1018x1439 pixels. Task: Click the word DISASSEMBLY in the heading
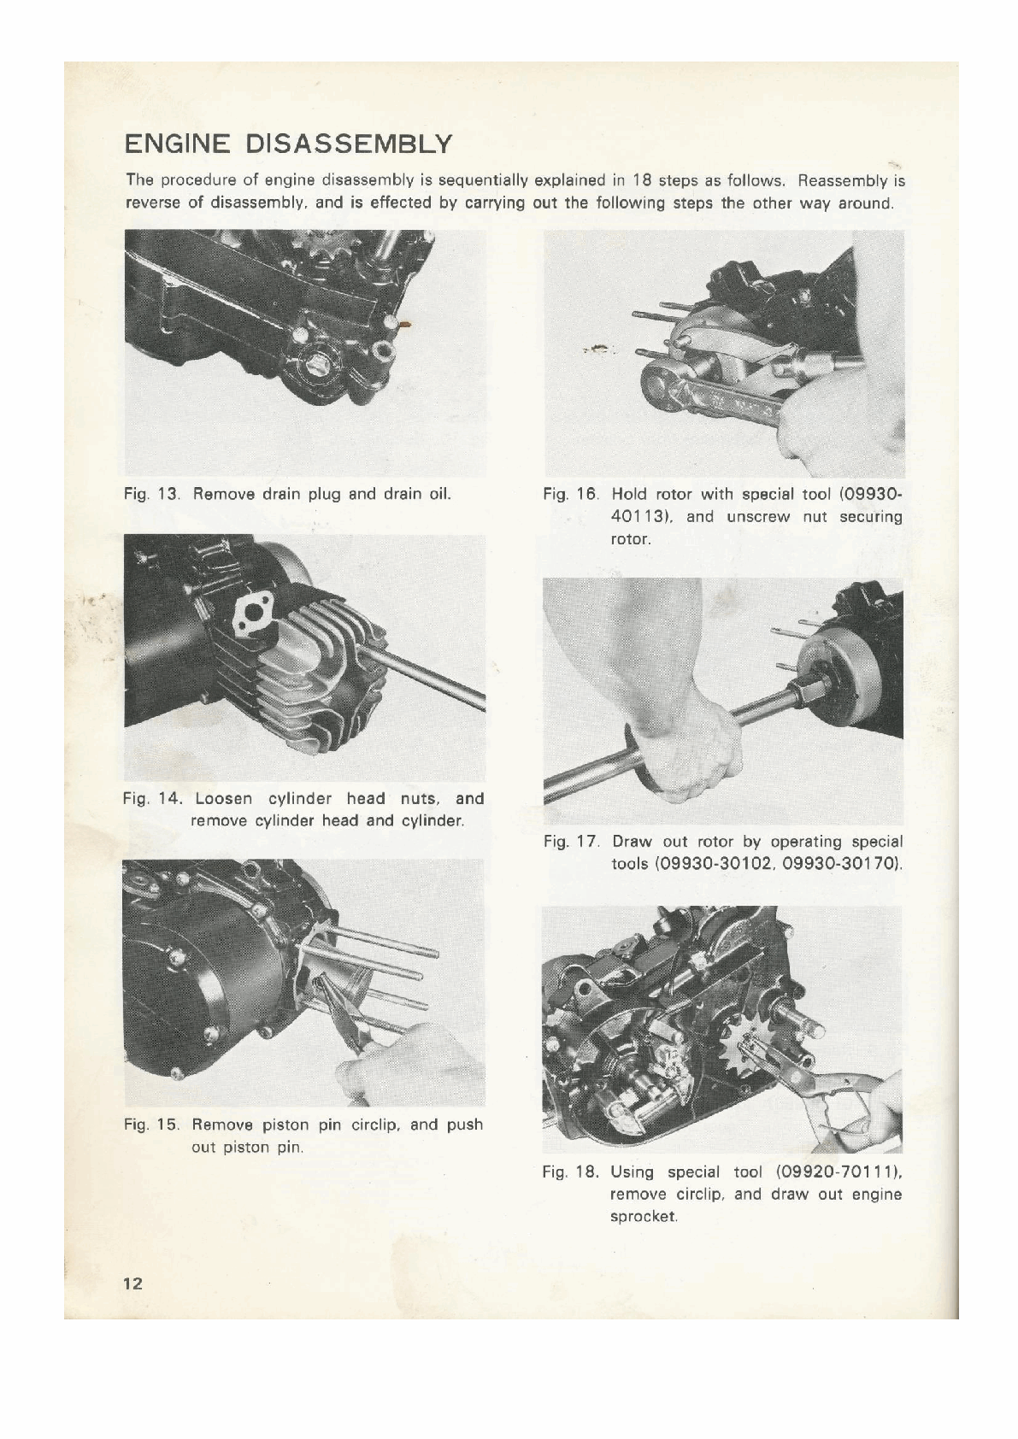pyautogui.click(x=349, y=144)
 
